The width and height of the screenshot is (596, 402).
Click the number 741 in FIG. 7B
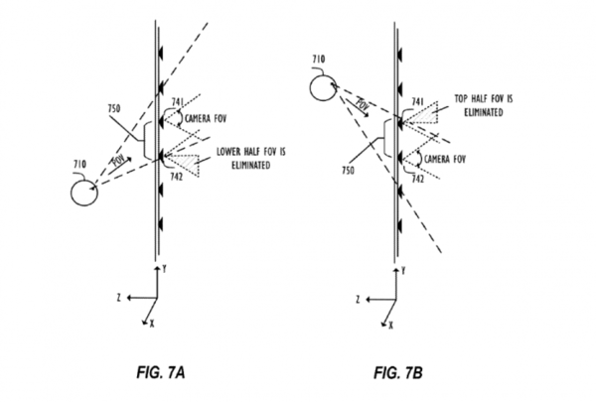(x=419, y=101)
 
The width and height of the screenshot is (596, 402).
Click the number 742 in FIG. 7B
(x=417, y=181)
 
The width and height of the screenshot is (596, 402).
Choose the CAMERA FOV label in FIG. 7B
(x=446, y=159)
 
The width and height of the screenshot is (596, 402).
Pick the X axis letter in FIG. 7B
(x=390, y=323)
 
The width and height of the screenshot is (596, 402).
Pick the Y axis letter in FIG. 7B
(x=407, y=269)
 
